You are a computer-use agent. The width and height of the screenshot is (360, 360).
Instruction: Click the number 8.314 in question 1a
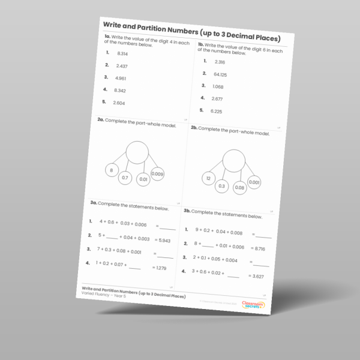coord(123,53)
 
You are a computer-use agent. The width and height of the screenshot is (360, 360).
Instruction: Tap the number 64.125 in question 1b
coord(220,74)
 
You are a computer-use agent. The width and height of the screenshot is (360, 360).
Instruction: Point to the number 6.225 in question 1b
coord(217,112)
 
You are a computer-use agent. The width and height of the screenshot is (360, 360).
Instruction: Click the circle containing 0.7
coord(125,178)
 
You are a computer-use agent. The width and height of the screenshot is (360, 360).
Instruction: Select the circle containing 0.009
coord(157,174)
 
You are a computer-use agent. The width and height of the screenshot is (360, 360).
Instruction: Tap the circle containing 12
coord(208,179)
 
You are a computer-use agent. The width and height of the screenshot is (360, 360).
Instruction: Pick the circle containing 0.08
coord(239,187)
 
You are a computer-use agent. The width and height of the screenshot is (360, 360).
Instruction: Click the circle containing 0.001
coord(254,182)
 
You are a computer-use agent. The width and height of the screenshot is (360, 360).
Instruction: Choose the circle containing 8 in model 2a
coord(111,170)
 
